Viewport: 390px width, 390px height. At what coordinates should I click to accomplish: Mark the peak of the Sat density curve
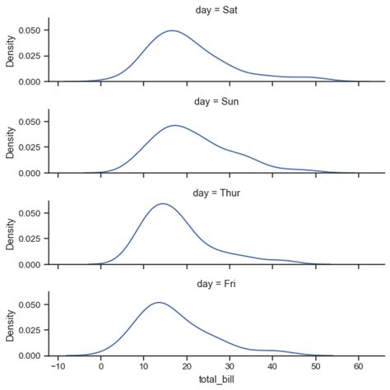pyautogui.click(x=172, y=30)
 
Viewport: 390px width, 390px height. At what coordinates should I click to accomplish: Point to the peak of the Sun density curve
pyautogui.click(x=175, y=125)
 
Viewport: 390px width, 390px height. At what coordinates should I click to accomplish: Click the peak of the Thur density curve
pyautogui.click(x=163, y=203)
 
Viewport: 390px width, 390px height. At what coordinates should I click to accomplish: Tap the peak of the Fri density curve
pyautogui.click(x=159, y=302)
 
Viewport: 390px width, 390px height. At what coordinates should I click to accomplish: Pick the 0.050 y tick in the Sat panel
pyautogui.click(x=30, y=30)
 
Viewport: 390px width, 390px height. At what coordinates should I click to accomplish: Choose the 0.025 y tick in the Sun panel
pyautogui.click(x=30, y=147)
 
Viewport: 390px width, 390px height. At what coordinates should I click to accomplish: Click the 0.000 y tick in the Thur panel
pyautogui.click(x=30, y=264)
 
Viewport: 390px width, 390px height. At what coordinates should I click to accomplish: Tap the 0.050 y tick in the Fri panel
pyautogui.click(x=30, y=304)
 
